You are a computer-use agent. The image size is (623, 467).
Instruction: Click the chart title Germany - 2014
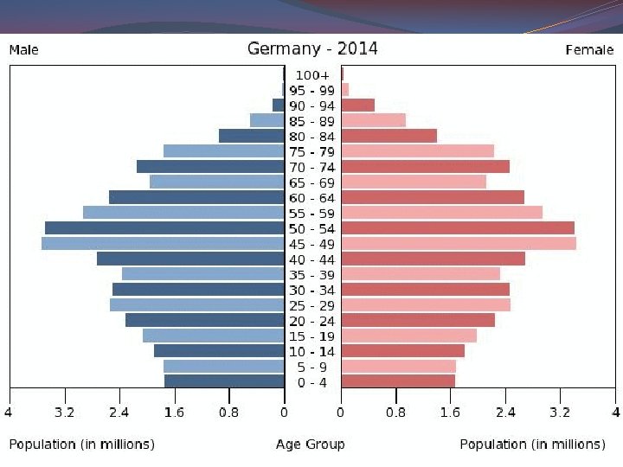point(312,48)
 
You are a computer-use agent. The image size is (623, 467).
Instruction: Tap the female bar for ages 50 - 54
point(458,227)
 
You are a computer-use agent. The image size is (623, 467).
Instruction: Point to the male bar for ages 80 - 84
point(251,136)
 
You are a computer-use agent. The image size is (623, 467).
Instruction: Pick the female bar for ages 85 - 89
point(374,120)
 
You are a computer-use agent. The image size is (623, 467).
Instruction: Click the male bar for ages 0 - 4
point(224,381)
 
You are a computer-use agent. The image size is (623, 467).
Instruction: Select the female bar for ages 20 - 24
point(418,320)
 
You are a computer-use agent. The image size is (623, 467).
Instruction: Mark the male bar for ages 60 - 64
point(196,197)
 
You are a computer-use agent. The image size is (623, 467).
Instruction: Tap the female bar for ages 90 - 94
point(358,105)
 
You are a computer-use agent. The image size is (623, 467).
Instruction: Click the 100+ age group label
point(312,75)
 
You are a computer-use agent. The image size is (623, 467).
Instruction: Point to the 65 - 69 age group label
point(312,182)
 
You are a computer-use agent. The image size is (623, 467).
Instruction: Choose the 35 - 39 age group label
point(312,274)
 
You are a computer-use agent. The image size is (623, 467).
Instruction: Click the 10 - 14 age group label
point(312,351)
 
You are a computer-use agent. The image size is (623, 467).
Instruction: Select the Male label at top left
point(23,50)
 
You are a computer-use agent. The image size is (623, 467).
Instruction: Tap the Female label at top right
point(590,50)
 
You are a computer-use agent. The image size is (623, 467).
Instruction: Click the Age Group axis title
point(311,445)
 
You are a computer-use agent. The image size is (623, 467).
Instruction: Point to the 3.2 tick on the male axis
point(64,413)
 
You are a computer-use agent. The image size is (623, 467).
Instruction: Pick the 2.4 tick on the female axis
point(506,413)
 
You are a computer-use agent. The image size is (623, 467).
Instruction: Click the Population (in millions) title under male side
point(82,445)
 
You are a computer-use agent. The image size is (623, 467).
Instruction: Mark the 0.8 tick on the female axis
point(395,413)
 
